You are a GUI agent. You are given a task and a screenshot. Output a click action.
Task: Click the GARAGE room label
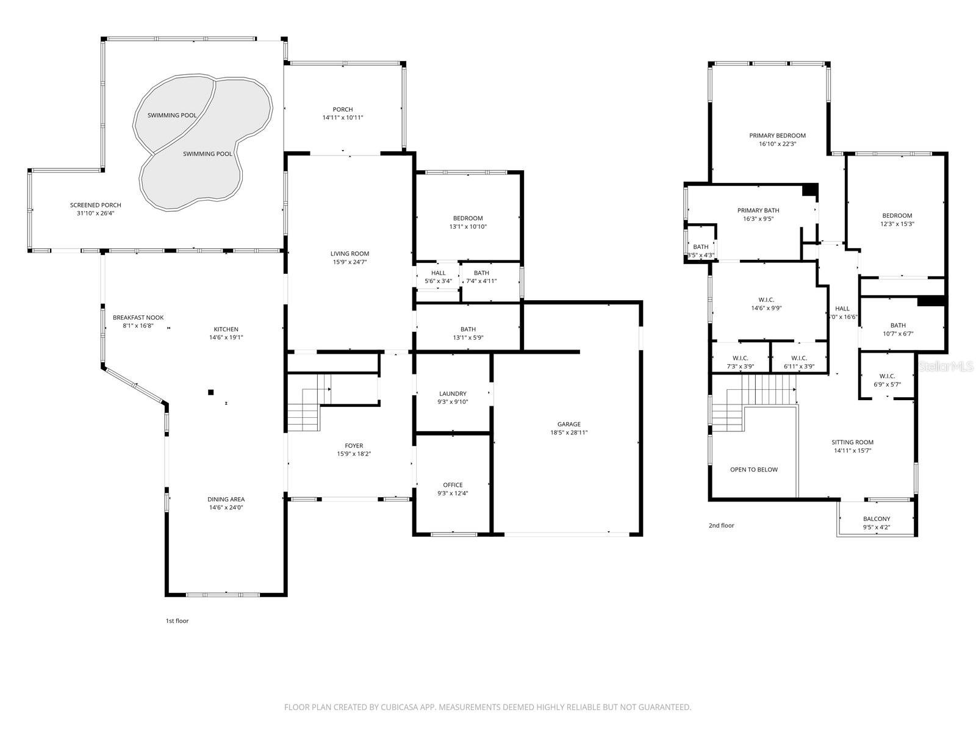point(569,424)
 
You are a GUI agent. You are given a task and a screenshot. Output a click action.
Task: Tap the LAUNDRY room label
point(453,393)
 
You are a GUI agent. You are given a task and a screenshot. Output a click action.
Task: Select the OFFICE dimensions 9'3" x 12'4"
point(453,493)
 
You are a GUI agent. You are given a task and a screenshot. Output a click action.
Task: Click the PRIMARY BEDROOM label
point(777,135)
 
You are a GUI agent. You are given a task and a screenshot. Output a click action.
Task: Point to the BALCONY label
point(876,518)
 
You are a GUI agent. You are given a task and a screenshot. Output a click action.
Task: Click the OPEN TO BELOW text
point(754,469)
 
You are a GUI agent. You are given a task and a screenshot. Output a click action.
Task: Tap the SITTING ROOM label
point(852,442)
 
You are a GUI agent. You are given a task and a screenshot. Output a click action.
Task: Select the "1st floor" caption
point(177,621)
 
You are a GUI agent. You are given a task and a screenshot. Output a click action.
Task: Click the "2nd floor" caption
point(721,525)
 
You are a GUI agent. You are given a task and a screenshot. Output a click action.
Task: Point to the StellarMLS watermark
point(945,366)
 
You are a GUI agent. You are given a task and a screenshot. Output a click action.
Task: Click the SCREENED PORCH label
point(95,205)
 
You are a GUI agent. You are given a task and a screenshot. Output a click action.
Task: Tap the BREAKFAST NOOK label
point(138,317)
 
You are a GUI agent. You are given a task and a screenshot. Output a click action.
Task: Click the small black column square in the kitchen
point(210,392)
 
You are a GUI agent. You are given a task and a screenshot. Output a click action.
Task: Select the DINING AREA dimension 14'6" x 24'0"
point(226,508)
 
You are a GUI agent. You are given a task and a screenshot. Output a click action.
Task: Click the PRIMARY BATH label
point(758,210)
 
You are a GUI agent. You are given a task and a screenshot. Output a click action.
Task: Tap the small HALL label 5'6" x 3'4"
point(438,273)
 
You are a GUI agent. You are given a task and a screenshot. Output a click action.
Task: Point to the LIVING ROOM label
point(350,254)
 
